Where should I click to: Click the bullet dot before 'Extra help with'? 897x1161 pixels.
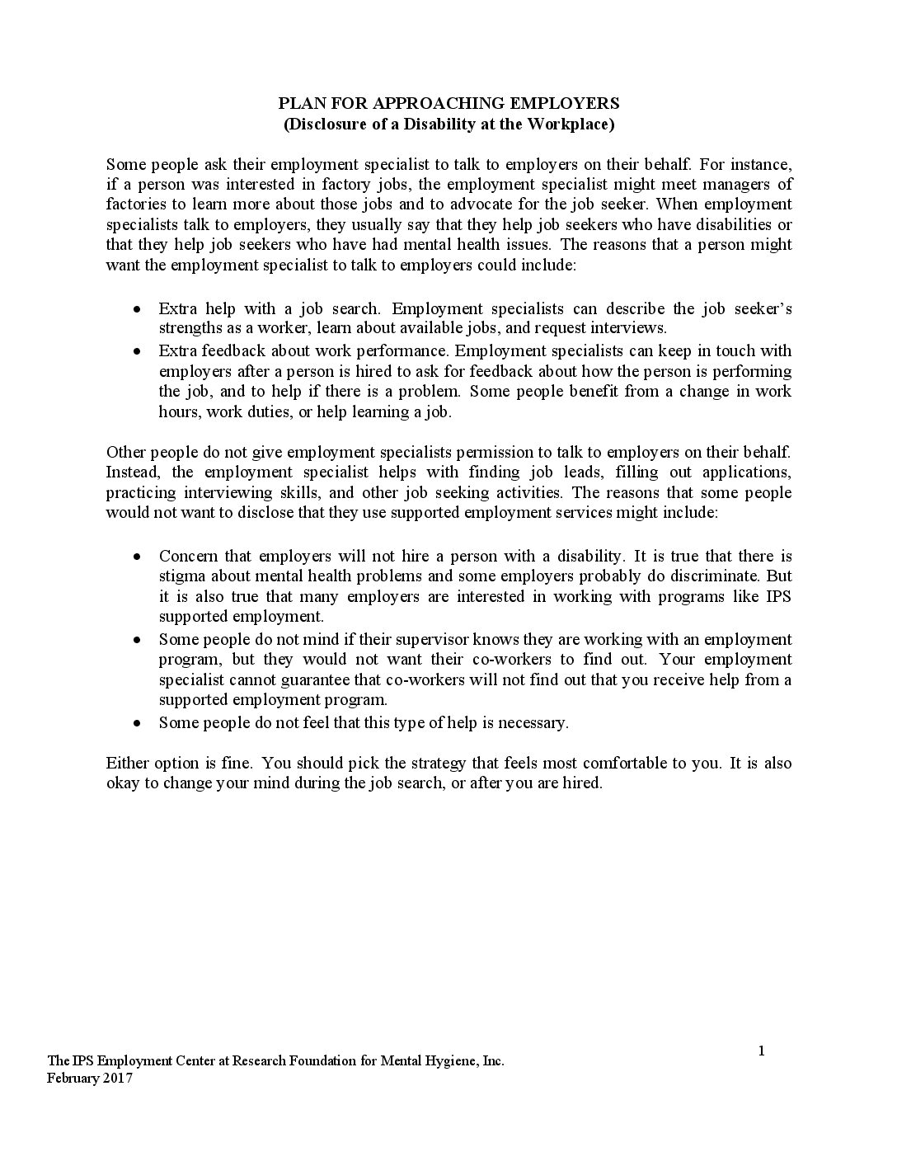139,309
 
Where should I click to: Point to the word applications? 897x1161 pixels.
745,472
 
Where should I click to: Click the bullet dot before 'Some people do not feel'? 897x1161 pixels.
139,723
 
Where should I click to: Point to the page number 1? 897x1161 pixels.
761,1051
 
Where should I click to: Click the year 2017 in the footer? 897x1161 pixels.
116,1079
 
